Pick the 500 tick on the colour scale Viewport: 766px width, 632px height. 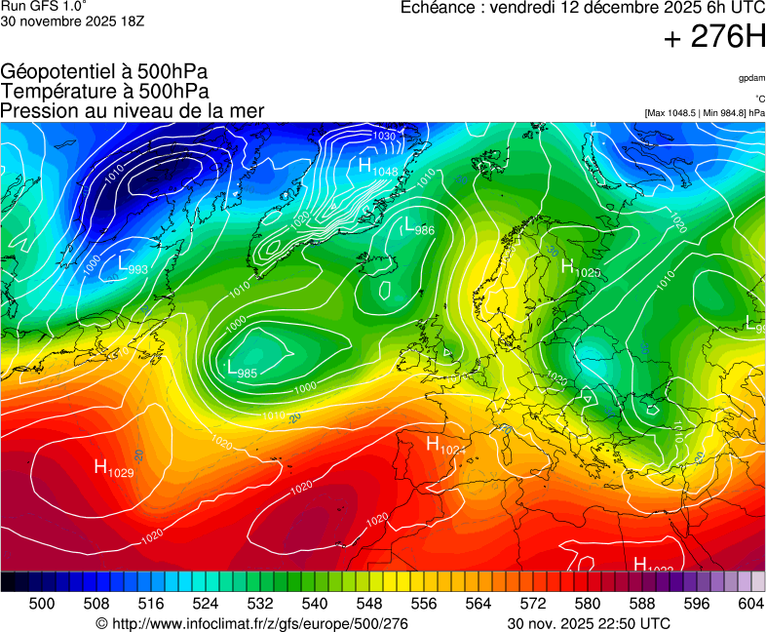click(x=42, y=604)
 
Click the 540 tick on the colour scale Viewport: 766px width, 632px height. click(x=315, y=604)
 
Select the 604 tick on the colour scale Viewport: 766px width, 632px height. click(x=750, y=604)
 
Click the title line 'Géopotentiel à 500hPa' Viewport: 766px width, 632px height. click(x=104, y=72)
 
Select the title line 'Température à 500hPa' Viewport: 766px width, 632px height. click(x=104, y=91)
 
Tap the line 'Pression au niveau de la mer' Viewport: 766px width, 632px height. click(x=133, y=110)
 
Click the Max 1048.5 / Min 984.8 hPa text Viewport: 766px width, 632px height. click(x=705, y=113)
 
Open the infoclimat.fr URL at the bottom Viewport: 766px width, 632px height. click(x=251, y=623)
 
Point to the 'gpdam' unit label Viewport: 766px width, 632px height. click(x=751, y=78)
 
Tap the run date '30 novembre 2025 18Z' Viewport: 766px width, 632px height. click(x=73, y=21)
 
